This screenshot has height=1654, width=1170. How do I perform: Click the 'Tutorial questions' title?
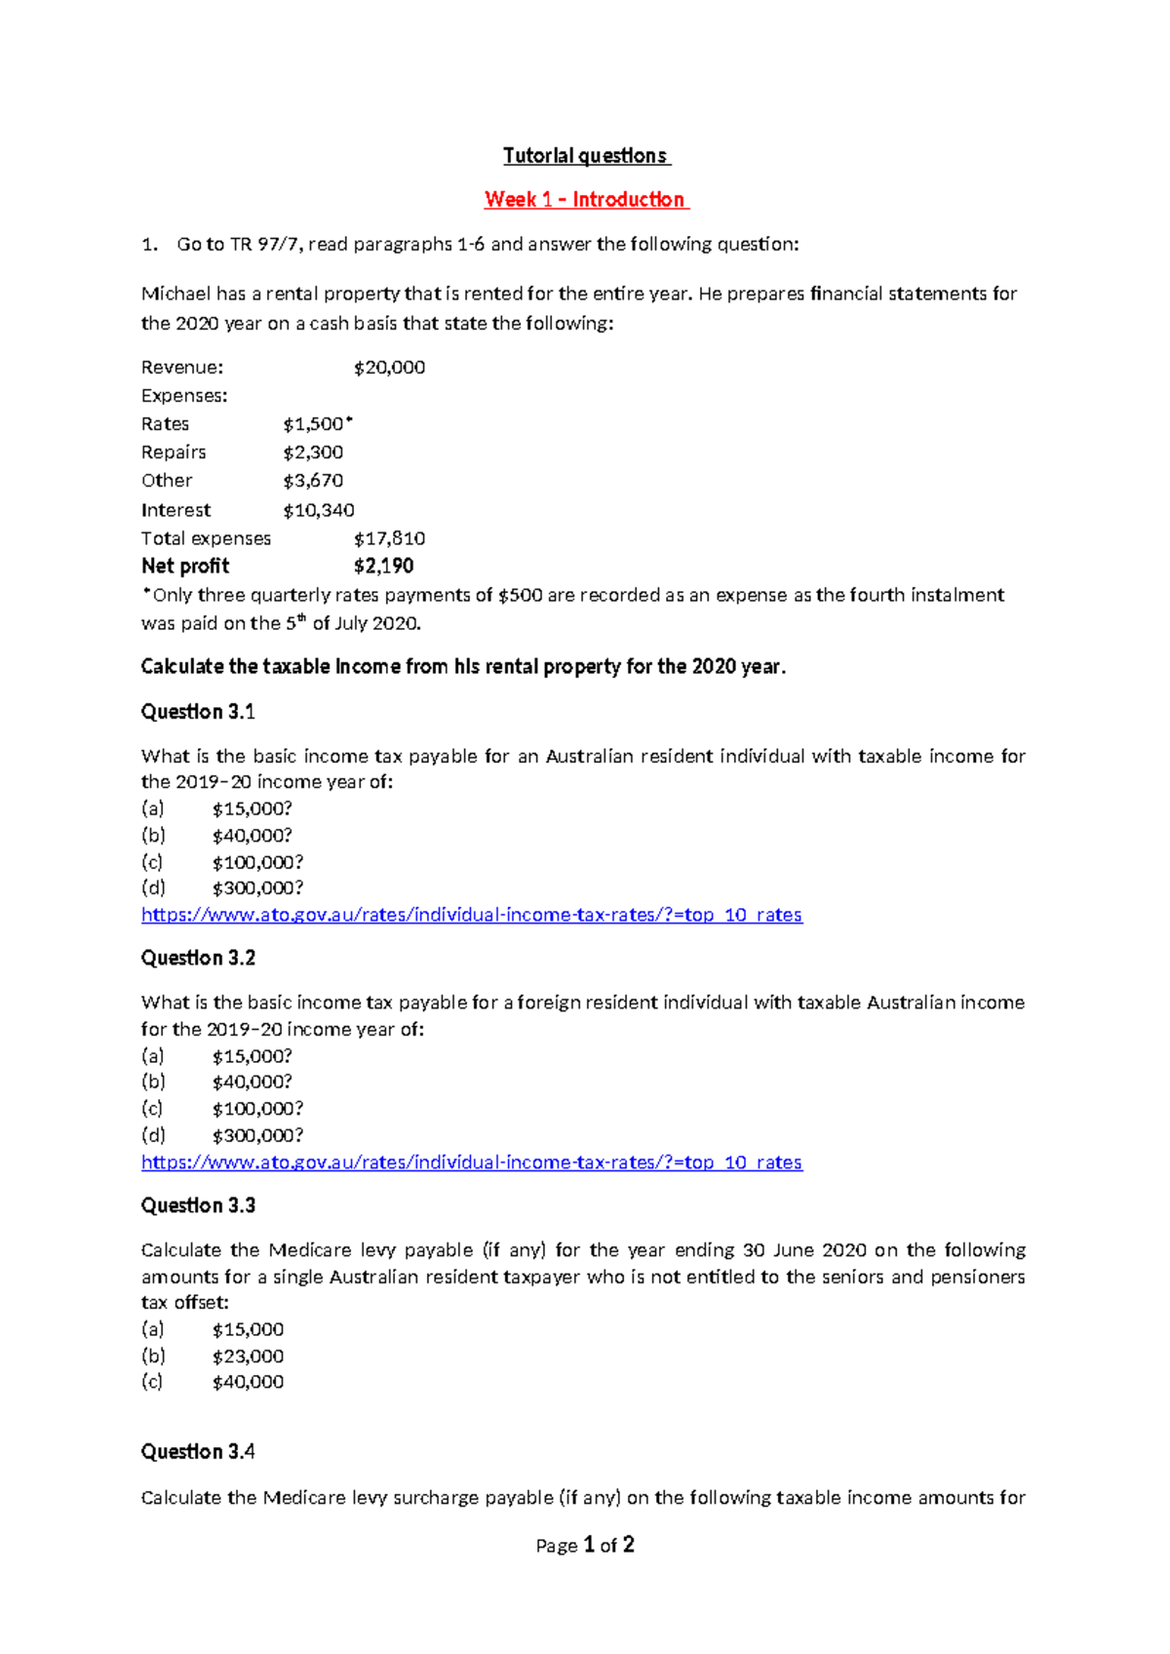pyautogui.click(x=585, y=156)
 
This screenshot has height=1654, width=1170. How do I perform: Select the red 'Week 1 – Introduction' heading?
pyautogui.click(x=585, y=200)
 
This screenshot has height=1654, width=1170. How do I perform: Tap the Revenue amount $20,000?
pyautogui.click(x=389, y=368)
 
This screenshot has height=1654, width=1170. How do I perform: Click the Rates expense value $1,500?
pyautogui.click(x=314, y=424)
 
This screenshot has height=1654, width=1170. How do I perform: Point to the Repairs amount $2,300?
pyautogui.click(x=313, y=453)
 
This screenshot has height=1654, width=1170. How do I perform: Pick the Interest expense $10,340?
pyautogui.click(x=319, y=510)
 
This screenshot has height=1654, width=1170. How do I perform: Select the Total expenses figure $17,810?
pyautogui.click(x=389, y=538)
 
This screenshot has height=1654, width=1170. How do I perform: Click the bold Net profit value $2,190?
pyautogui.click(x=383, y=567)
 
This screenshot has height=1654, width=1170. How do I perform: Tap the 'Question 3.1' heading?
pyautogui.click(x=198, y=712)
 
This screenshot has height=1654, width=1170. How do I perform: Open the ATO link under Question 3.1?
pyautogui.click(x=471, y=915)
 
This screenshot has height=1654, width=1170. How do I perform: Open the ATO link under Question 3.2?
pyautogui.click(x=471, y=1162)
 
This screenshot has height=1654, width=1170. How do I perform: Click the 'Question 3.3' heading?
pyautogui.click(x=198, y=1206)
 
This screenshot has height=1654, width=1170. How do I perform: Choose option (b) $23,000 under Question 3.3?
pyautogui.click(x=248, y=1357)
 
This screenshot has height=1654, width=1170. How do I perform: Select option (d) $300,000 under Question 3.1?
pyautogui.click(x=257, y=888)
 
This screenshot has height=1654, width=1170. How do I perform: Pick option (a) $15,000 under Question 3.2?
pyautogui.click(x=252, y=1056)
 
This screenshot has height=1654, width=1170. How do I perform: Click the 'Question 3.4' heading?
pyautogui.click(x=198, y=1452)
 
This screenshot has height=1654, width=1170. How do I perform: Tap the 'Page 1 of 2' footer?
pyautogui.click(x=585, y=1546)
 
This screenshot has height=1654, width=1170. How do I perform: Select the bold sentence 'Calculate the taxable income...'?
pyautogui.click(x=463, y=667)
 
